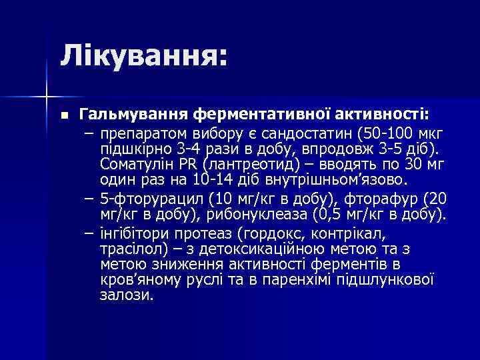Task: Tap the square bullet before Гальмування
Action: click(x=63, y=115)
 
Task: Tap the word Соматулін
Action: click(x=135, y=164)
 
